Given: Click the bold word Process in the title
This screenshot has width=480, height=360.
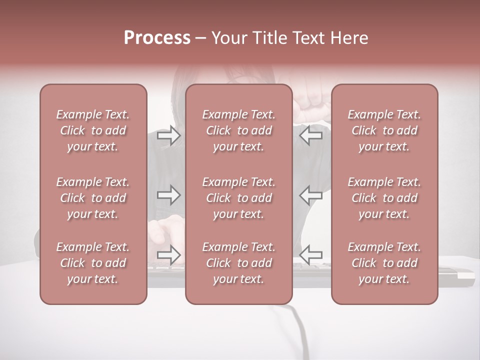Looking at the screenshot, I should [157, 37].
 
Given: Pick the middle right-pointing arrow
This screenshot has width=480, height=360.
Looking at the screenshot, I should [169, 195].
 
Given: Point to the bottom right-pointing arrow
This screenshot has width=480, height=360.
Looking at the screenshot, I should [169, 254].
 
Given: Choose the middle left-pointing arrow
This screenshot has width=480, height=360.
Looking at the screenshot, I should [311, 195].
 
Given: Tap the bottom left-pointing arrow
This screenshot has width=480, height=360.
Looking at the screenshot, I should [311, 254].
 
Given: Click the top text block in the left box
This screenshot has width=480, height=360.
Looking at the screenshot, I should [93, 130].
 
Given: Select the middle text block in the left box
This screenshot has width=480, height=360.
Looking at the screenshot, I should [93, 198].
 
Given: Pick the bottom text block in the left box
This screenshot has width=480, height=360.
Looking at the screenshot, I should [93, 263].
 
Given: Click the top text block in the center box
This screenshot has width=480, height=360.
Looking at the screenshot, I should [239, 130].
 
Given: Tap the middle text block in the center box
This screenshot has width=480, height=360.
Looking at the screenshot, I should [239, 198].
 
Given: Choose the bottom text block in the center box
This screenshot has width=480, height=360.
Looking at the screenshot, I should [239, 263].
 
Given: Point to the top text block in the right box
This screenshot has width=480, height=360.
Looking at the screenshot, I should [384, 130].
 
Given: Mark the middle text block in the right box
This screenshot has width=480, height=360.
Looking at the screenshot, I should [384, 198].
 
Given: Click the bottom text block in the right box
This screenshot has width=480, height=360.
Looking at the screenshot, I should [384, 263].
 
